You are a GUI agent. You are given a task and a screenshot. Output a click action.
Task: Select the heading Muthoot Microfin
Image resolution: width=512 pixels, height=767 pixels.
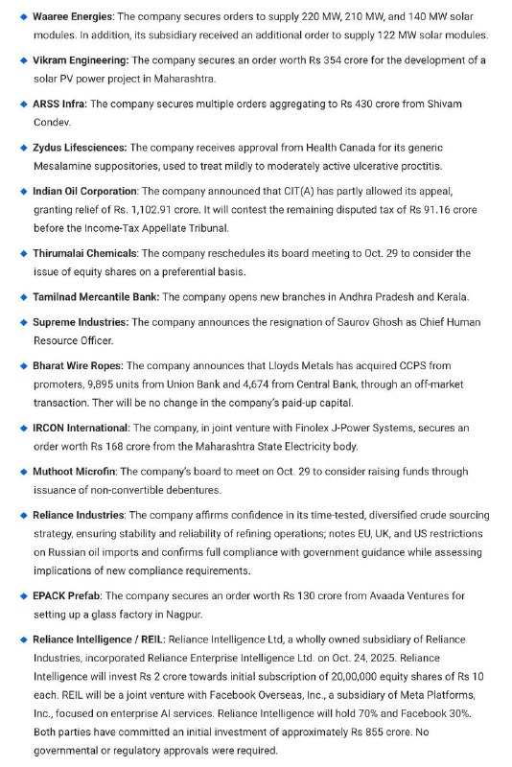[x=78, y=472]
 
